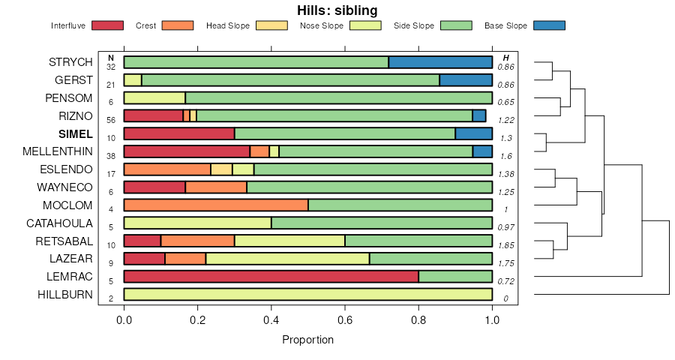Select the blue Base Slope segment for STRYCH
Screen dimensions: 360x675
[x=440, y=62]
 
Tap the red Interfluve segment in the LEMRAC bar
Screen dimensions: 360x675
[x=271, y=277]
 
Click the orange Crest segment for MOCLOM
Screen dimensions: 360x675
[x=216, y=205]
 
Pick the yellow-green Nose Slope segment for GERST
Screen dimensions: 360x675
[x=133, y=80]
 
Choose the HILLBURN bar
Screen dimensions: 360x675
[x=307, y=295]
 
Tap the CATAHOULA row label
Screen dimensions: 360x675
[x=59, y=223]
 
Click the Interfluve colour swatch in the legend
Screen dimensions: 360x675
[x=107, y=26]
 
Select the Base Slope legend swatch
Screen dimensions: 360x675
[x=549, y=26]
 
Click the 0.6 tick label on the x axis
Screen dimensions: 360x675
[x=345, y=319]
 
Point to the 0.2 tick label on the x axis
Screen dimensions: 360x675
[x=197, y=319]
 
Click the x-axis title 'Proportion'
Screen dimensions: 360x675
[x=307, y=340]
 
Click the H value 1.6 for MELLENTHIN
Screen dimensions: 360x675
[x=506, y=157]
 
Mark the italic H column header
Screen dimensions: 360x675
[x=506, y=58]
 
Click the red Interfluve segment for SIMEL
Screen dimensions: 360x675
[x=179, y=133]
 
